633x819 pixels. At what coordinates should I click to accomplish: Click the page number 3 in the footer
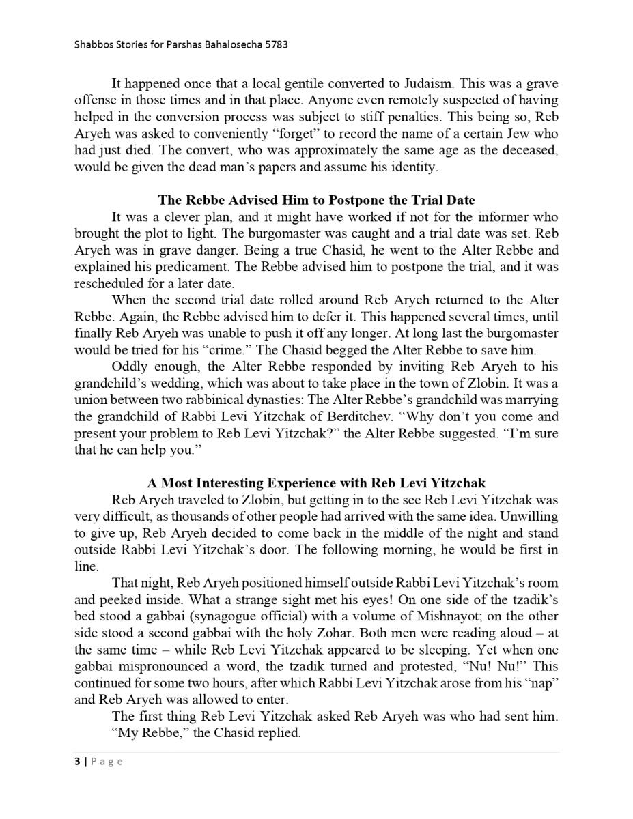coord(77,762)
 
